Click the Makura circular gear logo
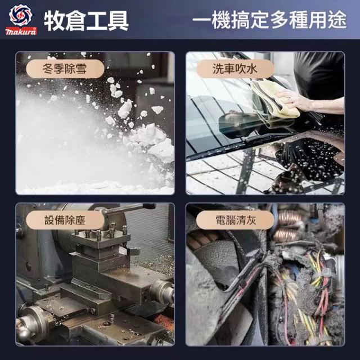click(x=21, y=15)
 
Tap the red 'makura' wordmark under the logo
click(x=21, y=31)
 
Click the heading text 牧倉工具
click(x=86, y=21)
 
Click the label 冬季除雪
click(x=65, y=69)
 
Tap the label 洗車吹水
click(x=235, y=69)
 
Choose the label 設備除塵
click(x=65, y=220)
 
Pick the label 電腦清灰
click(x=236, y=220)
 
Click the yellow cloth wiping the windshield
click(x=273, y=101)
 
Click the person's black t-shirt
click(x=319, y=76)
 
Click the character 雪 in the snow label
click(x=81, y=69)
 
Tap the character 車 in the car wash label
click(x=229, y=69)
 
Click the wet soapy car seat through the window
click(x=310, y=159)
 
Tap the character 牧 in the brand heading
click(x=54, y=21)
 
